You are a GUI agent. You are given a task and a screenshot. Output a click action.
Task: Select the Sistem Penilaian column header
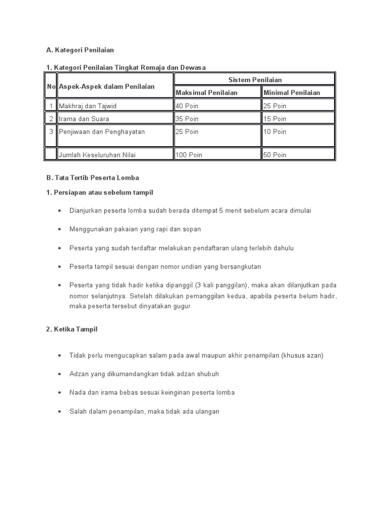(x=255, y=80)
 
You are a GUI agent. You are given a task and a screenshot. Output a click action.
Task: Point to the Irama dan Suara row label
(x=84, y=119)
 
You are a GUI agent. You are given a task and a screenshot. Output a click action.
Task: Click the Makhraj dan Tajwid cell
(x=87, y=106)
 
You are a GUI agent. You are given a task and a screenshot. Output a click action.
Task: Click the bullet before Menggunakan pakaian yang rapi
(x=59, y=230)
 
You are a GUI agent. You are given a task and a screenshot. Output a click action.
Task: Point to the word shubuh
(x=208, y=374)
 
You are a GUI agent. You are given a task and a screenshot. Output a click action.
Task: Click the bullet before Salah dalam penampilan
(x=59, y=412)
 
